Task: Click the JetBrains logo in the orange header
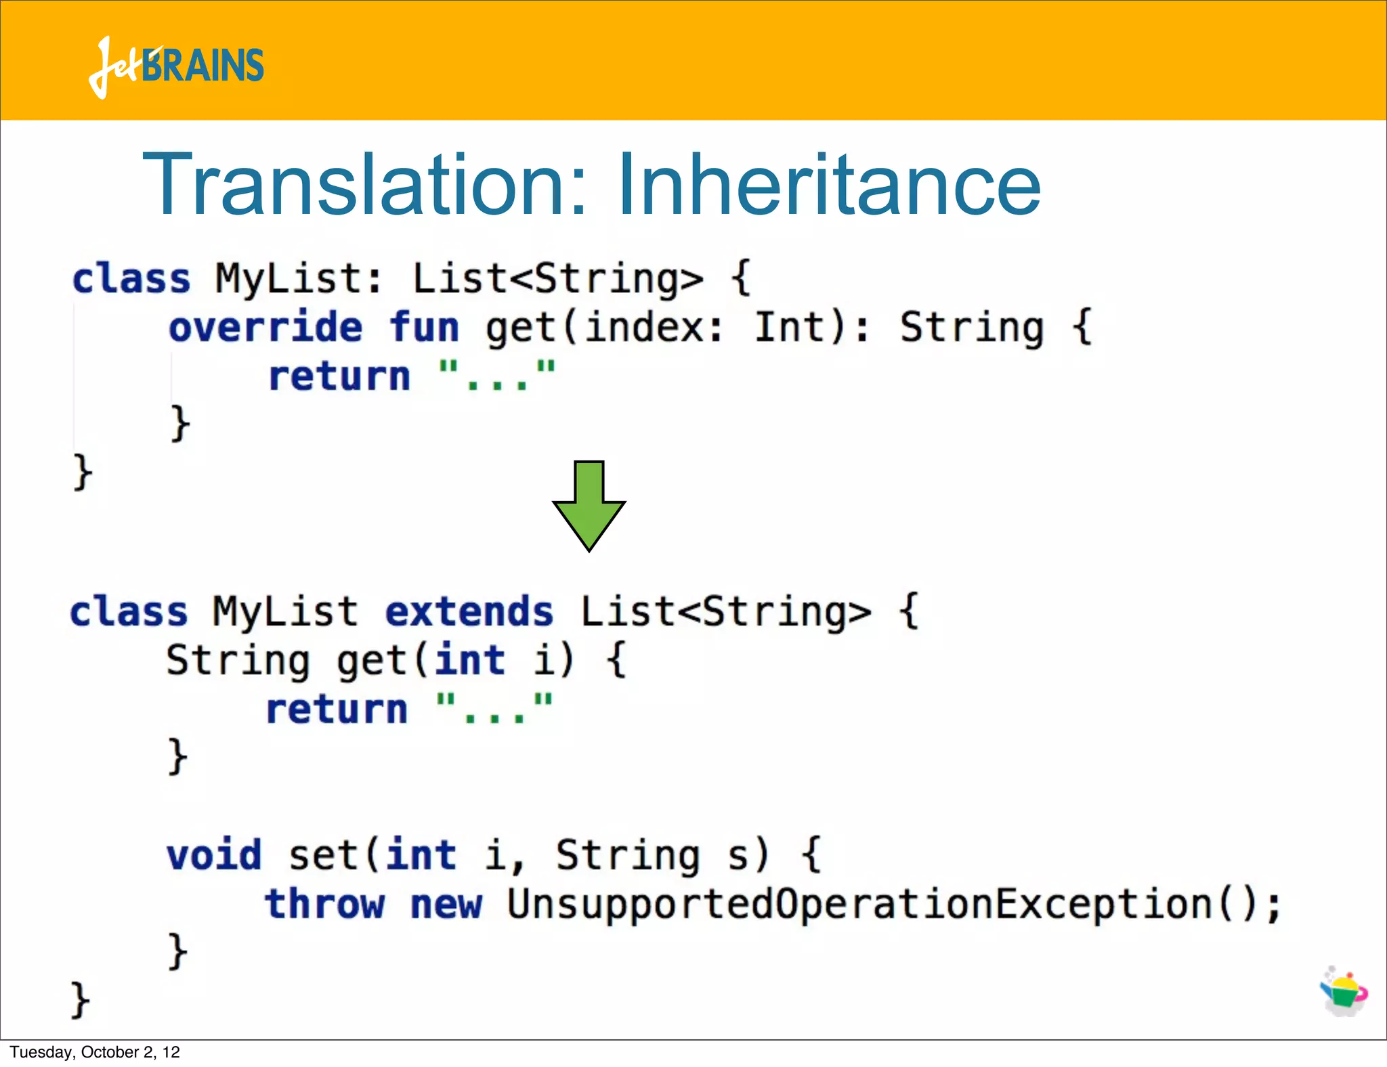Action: pyautogui.click(x=176, y=66)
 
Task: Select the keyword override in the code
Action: pyautogui.click(x=265, y=328)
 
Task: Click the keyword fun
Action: pyautogui.click(x=425, y=328)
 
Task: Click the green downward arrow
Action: pyautogui.click(x=589, y=505)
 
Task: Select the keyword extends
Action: pyautogui.click(x=469, y=612)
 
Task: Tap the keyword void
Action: pyautogui.click(x=214, y=855)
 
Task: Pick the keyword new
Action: pyautogui.click(x=446, y=905)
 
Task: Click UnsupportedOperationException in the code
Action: pyautogui.click(x=859, y=905)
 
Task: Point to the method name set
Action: pyautogui.click(x=323, y=855)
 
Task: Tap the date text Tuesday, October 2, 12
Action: pyautogui.click(x=95, y=1052)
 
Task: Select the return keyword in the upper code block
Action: pyautogui.click(x=339, y=376)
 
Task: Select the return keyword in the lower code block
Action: pyautogui.click(x=337, y=710)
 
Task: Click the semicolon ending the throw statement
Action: pyautogui.click(x=1274, y=906)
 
